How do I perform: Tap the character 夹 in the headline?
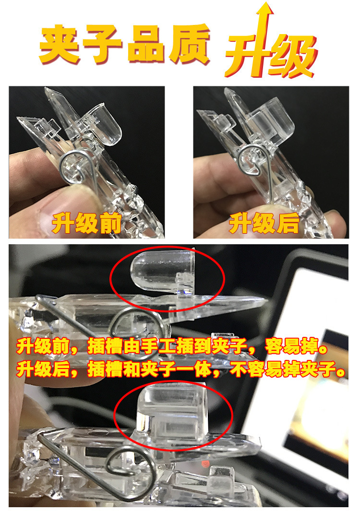click(59, 47)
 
